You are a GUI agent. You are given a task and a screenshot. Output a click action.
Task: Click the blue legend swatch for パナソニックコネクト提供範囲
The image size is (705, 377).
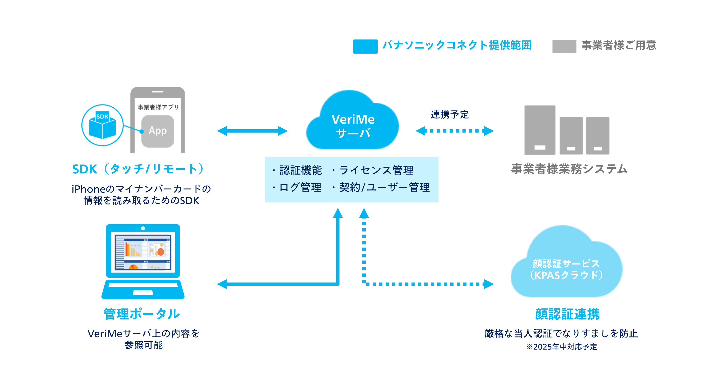(x=365, y=46)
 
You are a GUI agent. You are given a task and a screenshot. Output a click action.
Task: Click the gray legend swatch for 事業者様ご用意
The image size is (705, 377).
(x=564, y=46)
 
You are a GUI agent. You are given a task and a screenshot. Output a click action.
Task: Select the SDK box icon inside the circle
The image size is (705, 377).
(x=102, y=126)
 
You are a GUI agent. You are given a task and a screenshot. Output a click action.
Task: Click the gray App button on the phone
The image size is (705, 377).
(x=158, y=131)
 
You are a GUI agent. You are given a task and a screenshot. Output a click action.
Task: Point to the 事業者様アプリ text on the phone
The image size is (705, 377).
(x=158, y=107)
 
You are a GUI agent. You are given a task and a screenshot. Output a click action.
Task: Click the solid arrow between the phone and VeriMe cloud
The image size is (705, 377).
(x=252, y=131)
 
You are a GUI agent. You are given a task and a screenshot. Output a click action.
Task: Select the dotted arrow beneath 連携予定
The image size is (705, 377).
(x=454, y=131)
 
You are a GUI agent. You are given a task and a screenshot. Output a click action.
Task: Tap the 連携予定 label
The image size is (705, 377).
(x=449, y=114)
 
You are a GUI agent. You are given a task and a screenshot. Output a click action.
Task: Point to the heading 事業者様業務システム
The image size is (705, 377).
(x=569, y=169)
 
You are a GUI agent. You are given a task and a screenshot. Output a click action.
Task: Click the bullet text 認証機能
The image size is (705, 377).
(x=301, y=170)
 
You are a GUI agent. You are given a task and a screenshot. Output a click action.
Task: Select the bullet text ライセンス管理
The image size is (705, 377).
(x=376, y=170)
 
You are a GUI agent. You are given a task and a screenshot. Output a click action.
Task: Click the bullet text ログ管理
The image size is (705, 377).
(x=300, y=188)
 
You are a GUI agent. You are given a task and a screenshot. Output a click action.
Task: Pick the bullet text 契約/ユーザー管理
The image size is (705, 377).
(x=384, y=188)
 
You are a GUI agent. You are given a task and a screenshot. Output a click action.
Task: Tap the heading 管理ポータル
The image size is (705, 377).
(x=142, y=314)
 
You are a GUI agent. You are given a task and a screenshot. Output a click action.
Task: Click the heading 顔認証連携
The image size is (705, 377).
(x=567, y=314)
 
